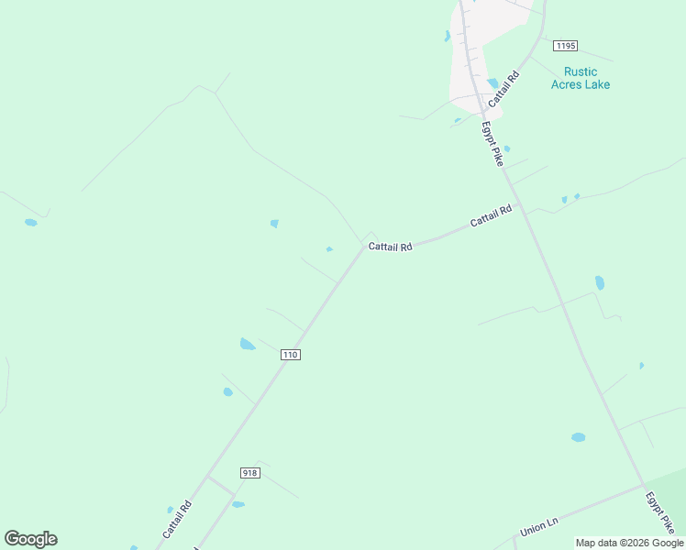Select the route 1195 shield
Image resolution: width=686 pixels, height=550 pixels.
(565, 45)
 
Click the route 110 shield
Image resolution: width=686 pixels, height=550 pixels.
(291, 355)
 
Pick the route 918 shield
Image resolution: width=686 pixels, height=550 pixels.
(250, 473)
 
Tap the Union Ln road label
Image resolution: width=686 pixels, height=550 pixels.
(539, 529)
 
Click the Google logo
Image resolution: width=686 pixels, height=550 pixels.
(30, 539)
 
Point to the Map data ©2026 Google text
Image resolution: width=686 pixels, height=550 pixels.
(630, 543)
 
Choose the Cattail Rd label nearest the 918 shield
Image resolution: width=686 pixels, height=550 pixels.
(176, 519)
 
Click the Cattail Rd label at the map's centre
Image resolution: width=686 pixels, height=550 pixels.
(391, 247)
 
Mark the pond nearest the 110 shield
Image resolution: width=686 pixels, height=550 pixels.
(247, 345)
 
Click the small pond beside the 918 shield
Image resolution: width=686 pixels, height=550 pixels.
(238, 504)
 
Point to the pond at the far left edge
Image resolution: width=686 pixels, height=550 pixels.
(31, 223)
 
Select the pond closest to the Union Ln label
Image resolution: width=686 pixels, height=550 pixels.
(578, 437)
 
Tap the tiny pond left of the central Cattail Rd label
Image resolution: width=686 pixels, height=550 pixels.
(329, 248)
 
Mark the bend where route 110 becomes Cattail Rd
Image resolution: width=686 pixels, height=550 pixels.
(364, 246)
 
